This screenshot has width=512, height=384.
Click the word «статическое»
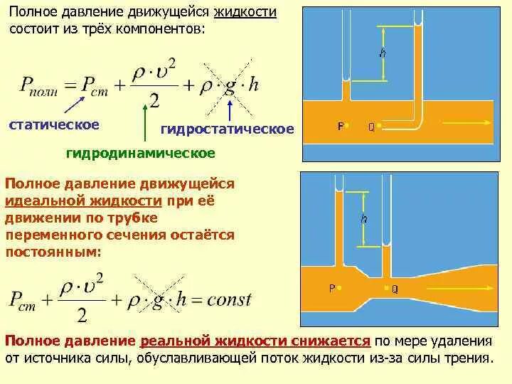[54, 125]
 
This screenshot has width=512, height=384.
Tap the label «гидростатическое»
[228, 129]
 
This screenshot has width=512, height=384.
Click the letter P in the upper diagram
[340, 127]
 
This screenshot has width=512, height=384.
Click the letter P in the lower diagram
[331, 288]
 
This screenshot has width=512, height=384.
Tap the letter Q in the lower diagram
[395, 289]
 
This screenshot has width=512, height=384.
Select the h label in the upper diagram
[383, 54]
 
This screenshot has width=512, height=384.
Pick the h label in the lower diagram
[364, 220]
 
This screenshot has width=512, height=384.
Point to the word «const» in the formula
[229, 299]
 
